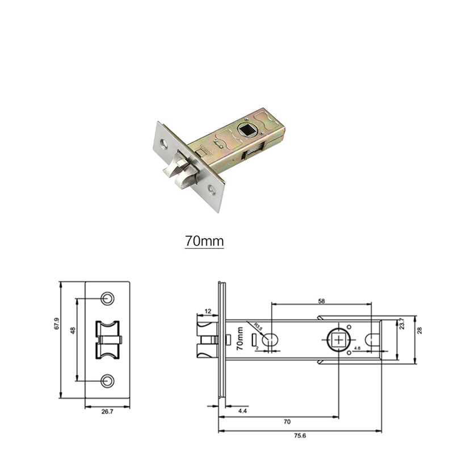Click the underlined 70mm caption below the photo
(204, 241)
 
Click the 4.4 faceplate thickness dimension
(243, 410)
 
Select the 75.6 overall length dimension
(300, 436)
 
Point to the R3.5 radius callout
(259, 328)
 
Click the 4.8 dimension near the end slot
(357, 347)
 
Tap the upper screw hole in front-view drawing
(107, 299)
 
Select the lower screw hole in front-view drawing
(107, 381)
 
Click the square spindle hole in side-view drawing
(339, 339)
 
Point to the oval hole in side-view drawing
(271, 340)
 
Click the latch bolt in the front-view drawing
(107, 340)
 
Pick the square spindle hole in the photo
(247, 130)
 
